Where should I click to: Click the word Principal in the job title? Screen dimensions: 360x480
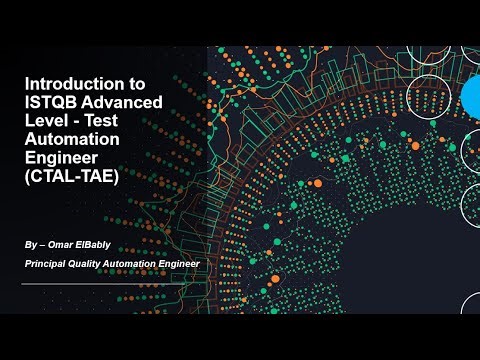point(50,264)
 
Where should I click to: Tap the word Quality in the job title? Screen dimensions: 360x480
point(99,264)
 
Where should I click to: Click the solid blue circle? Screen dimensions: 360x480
point(471,97)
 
